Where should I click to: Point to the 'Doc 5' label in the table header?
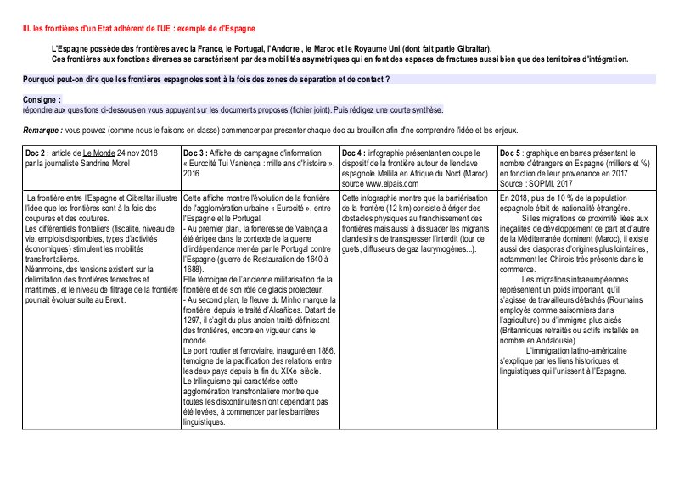coord(513,152)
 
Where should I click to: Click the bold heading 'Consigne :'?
coord(42,99)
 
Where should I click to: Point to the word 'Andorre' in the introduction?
coord(283,50)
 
